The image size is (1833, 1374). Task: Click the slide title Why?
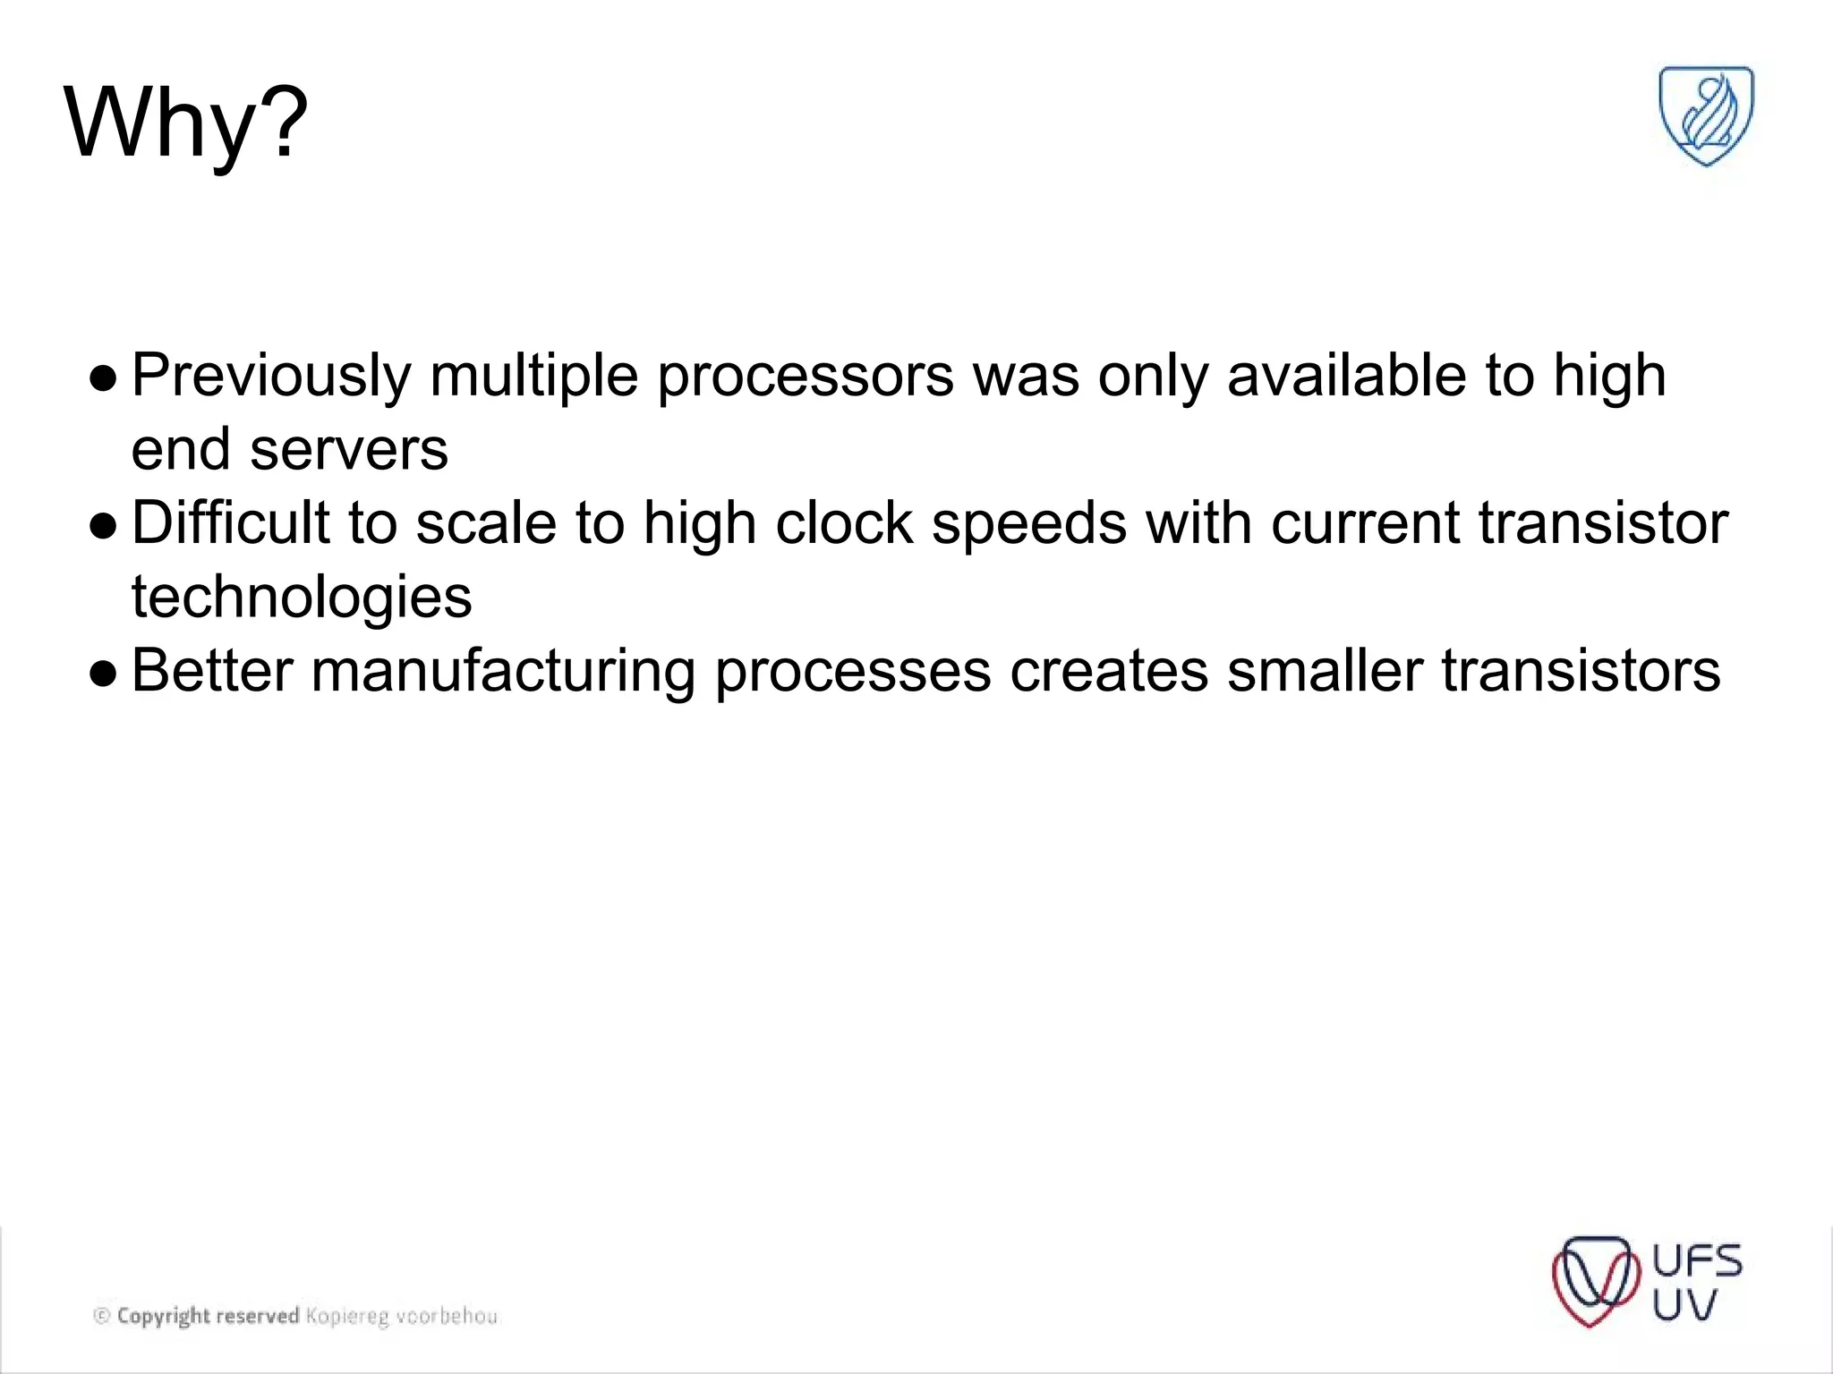point(186,123)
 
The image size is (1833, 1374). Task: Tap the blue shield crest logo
point(1706,116)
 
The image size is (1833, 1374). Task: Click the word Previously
point(270,376)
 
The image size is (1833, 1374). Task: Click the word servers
point(349,449)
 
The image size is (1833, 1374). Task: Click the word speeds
point(1029,523)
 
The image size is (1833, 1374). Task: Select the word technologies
point(302,598)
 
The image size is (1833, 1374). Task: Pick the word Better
point(212,671)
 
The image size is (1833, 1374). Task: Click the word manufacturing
point(503,671)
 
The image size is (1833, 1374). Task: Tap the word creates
point(1109,671)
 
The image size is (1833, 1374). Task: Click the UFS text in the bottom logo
point(1697,1261)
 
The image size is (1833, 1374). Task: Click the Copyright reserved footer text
point(208,1316)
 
